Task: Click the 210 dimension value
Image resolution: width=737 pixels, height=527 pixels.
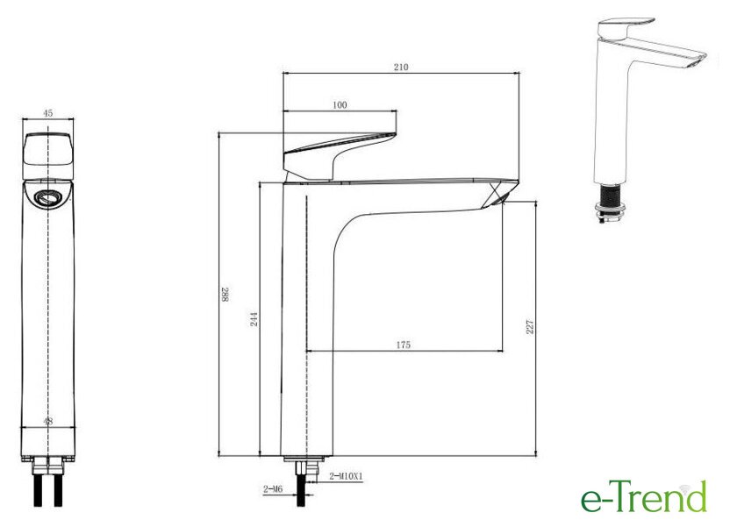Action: pyautogui.click(x=400, y=68)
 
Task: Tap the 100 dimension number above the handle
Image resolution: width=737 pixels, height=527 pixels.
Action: pyautogui.click(x=340, y=105)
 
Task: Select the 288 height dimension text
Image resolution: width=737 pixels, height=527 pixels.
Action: pyautogui.click(x=225, y=295)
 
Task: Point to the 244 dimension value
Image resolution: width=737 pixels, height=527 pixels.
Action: pyautogui.click(x=254, y=319)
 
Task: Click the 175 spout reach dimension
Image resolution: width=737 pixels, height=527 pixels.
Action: pyautogui.click(x=404, y=345)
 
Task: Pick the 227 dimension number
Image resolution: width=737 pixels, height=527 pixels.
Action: pyautogui.click(x=530, y=326)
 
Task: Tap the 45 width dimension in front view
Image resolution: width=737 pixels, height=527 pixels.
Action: pyautogui.click(x=48, y=113)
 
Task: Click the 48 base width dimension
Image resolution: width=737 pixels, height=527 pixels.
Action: pyautogui.click(x=48, y=421)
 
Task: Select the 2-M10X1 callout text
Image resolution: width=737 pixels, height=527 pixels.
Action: pyautogui.click(x=346, y=476)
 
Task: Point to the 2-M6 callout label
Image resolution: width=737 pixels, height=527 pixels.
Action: pyautogui.click(x=273, y=489)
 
